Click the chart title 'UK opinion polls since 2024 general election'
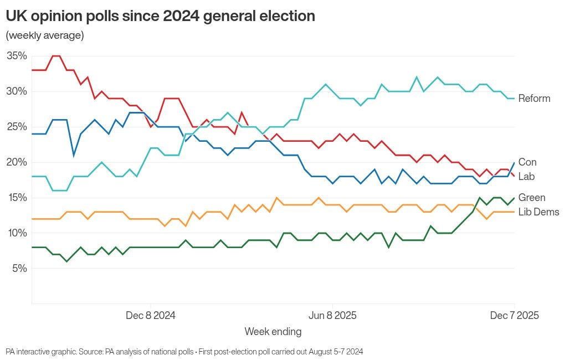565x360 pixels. (x=161, y=17)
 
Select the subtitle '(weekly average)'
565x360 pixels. (x=44, y=36)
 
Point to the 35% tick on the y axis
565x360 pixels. (x=17, y=56)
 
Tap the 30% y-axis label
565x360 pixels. (x=17, y=91)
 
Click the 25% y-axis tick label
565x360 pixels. (x=17, y=127)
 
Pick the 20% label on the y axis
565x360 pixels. (x=17, y=162)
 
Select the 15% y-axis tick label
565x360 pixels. (x=17, y=198)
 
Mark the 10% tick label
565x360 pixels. (x=17, y=233)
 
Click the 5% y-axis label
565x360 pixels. (x=19, y=269)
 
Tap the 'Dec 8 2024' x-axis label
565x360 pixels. (x=151, y=316)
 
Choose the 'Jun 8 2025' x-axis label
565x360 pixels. (x=332, y=316)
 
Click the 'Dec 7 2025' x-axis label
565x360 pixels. (x=515, y=316)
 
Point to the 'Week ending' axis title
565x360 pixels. (x=273, y=332)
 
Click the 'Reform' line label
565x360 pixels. (x=534, y=99)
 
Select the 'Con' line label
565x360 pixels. (x=527, y=162)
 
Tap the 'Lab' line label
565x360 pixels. (x=526, y=177)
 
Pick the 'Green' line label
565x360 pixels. (x=532, y=198)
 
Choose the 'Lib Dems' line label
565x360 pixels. (x=538, y=212)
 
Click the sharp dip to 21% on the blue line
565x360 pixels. (x=74, y=155)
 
